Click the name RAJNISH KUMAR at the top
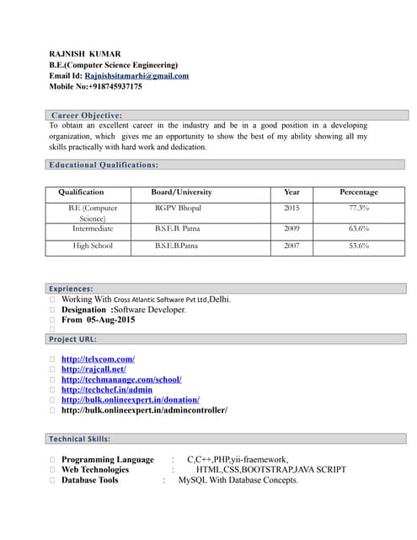84,54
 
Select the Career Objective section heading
87,115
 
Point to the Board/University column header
181,192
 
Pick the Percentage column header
359,192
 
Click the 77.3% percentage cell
359,208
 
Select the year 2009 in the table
291,229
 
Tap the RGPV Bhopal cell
179,208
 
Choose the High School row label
93,246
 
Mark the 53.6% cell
359,246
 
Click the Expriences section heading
71,289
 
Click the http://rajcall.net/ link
94,370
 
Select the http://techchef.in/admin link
107,390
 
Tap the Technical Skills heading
79,439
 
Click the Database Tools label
90,480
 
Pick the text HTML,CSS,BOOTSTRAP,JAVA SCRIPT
270,470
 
